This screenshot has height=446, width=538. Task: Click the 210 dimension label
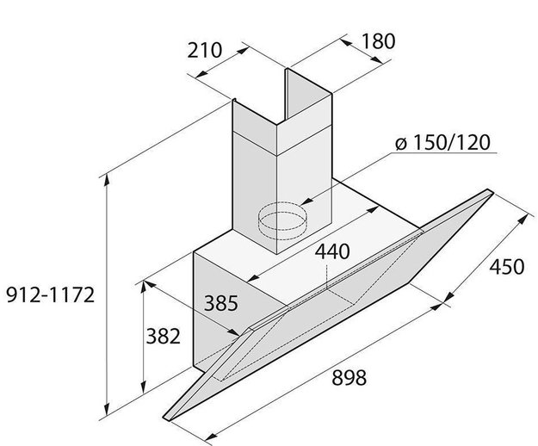(x=205, y=50)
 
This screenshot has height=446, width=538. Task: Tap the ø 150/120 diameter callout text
(x=443, y=142)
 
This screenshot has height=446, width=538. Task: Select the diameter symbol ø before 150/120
(x=402, y=143)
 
